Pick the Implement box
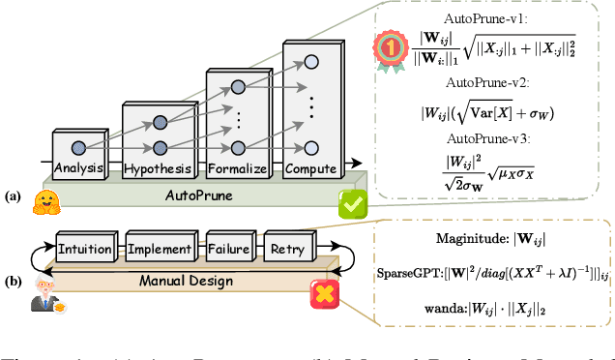160,249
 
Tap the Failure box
232,249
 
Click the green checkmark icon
354,205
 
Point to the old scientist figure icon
40,287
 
